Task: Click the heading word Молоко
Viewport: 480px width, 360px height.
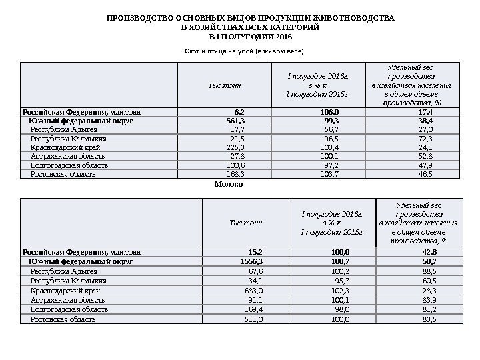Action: pos(229,184)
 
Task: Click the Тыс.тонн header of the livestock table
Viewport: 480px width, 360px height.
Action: pos(225,85)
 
